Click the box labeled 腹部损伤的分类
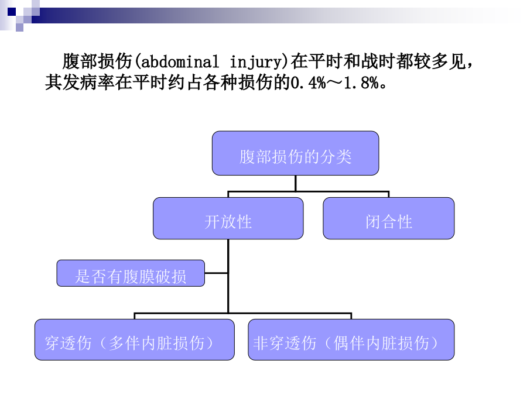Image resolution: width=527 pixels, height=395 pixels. [x=296, y=153]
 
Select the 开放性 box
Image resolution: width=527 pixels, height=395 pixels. [x=228, y=218]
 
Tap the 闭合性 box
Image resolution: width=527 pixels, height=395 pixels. [x=389, y=218]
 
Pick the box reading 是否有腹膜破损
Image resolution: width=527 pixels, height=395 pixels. [x=131, y=273]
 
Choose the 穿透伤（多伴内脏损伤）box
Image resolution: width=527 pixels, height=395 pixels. [x=135, y=339]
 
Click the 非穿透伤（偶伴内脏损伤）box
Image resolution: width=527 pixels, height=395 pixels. [x=351, y=339]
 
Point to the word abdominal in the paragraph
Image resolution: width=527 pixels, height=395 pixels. [x=180, y=61]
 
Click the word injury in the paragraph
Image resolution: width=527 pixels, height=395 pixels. [x=256, y=62]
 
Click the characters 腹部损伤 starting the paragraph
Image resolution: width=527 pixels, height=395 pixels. [x=97, y=61]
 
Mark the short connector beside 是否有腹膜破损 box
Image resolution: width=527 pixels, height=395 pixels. [x=216, y=273]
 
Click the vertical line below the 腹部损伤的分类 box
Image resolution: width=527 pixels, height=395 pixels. [x=296, y=183]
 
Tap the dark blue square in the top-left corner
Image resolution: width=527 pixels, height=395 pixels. [x=12, y=12]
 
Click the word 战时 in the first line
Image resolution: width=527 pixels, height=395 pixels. [x=378, y=61]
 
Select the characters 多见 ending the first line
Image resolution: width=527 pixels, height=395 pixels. [x=449, y=61]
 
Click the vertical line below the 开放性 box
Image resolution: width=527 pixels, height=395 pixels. [x=228, y=276]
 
